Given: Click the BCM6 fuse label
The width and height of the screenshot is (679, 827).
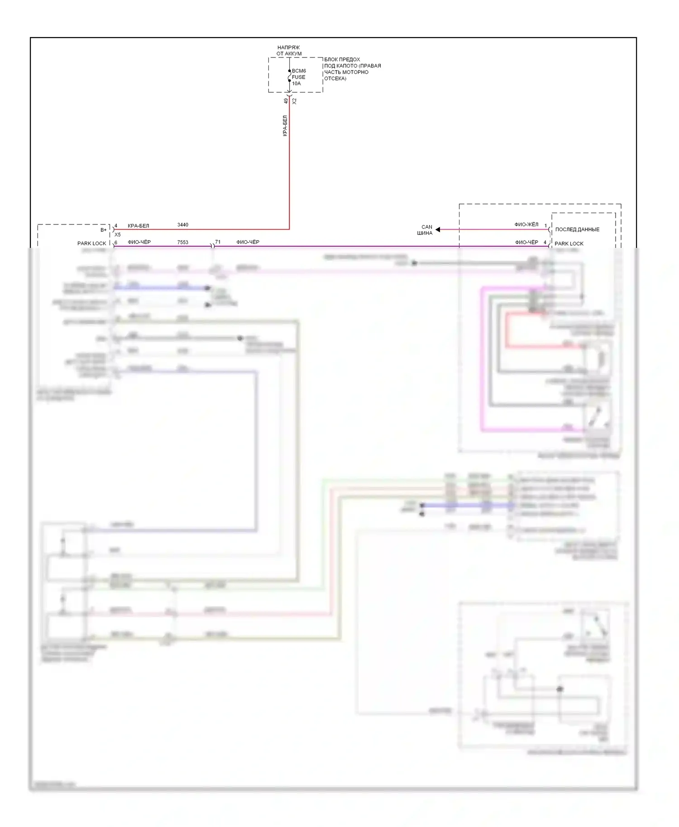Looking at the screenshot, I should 299,71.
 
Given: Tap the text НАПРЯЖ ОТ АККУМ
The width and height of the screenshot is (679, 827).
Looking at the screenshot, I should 289,50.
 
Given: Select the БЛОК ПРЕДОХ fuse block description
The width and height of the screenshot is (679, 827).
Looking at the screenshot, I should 352,69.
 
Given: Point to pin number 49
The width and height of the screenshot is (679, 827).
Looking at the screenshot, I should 286,101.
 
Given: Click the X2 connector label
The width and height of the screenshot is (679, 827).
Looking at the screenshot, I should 294,101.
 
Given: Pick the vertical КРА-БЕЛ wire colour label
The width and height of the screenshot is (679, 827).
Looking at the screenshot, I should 285,126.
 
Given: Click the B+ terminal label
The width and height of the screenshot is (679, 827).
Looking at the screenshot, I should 104,230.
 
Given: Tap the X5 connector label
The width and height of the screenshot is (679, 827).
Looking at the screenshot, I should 118,235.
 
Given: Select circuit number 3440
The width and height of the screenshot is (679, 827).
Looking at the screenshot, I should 183,225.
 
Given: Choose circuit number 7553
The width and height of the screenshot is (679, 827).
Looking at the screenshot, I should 183,242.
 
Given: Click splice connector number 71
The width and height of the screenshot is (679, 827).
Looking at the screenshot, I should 218,242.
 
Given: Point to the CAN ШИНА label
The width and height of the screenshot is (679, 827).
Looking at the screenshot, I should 426,230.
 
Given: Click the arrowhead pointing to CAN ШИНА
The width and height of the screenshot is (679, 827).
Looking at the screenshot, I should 438,230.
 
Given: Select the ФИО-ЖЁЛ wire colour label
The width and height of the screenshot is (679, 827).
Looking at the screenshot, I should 526,224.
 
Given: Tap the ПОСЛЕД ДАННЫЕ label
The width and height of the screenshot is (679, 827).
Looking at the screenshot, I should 577,229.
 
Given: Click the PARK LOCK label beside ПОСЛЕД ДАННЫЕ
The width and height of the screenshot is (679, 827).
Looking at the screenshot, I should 569,243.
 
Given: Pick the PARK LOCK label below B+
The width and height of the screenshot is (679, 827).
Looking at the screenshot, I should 91,243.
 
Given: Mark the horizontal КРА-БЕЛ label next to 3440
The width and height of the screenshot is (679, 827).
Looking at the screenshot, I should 139,226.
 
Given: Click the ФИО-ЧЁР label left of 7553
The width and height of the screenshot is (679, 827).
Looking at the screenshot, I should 139,242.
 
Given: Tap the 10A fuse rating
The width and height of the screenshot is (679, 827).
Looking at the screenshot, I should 296,83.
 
